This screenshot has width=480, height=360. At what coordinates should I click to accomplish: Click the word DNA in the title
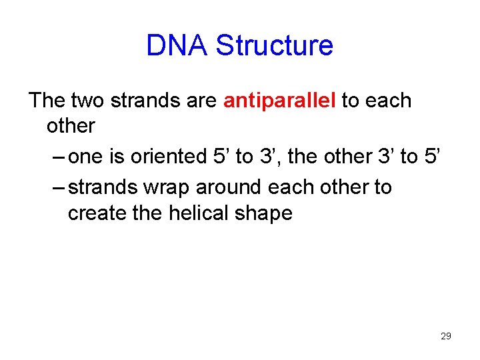(177, 46)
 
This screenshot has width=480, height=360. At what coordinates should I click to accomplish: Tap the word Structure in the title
(275, 46)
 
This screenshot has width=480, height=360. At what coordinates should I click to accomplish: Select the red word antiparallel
(279, 101)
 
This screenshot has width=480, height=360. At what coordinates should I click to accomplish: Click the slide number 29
(446, 336)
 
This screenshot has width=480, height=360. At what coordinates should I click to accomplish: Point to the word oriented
(169, 157)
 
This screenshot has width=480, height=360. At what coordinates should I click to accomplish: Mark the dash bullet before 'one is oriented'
(59, 157)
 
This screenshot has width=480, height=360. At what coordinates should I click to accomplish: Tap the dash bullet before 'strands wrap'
(59, 188)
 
